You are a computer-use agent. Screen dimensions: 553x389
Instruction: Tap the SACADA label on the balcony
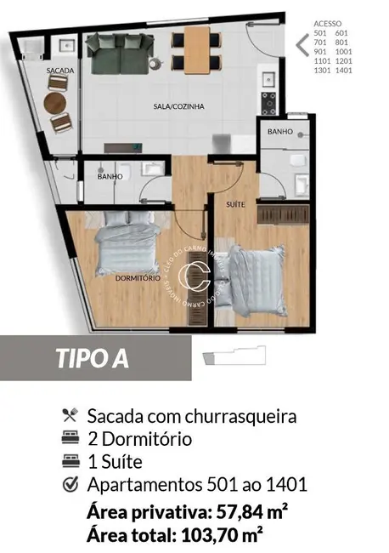coord(60,71)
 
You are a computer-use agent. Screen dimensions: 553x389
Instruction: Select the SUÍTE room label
coord(235,205)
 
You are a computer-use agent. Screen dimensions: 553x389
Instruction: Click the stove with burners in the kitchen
coord(268,103)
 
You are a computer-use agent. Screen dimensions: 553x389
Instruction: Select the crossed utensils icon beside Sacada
coord(70,417)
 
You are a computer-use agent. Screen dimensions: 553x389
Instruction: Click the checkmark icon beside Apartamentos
coord(70,486)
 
